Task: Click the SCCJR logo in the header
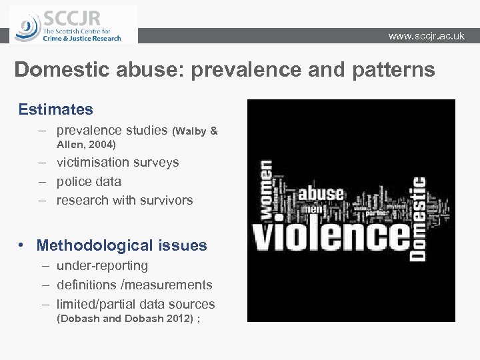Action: click(73, 25)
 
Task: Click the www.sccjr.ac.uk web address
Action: click(426, 36)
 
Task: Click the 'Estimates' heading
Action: click(56, 109)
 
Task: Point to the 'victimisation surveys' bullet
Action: click(117, 162)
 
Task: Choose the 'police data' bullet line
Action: click(89, 181)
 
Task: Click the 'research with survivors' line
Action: click(125, 200)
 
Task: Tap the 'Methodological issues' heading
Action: click(121, 245)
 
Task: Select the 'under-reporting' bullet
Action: click(102, 265)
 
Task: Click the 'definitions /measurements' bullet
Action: click(134, 285)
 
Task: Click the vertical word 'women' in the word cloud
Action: click(265, 189)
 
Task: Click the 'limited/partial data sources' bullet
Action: click(135, 304)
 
